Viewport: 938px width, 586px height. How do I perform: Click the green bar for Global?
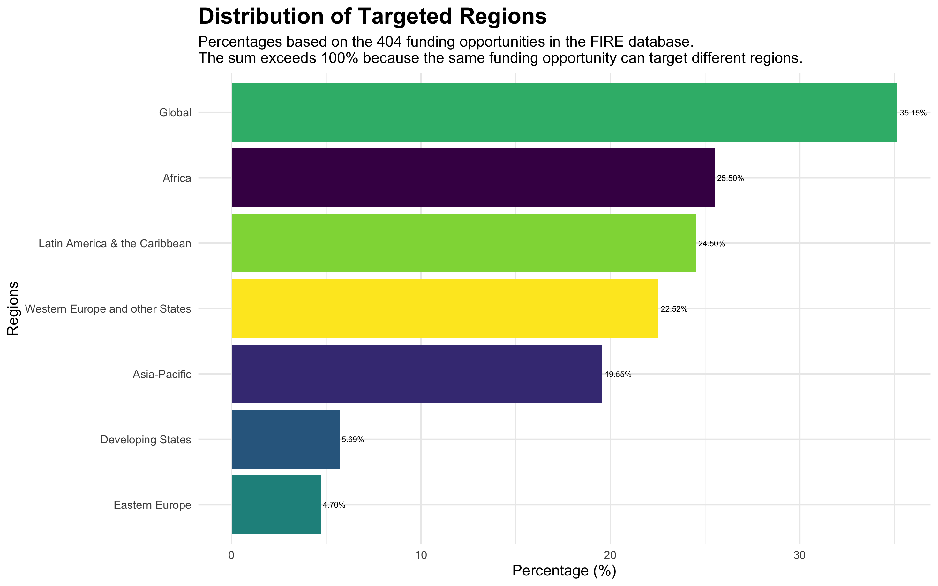tap(564, 112)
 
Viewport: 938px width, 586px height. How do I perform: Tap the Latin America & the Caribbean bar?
tap(463, 243)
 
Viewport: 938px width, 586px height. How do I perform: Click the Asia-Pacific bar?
tap(416, 374)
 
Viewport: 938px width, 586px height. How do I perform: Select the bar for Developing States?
tap(285, 439)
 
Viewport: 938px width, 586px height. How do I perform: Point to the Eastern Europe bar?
tap(276, 505)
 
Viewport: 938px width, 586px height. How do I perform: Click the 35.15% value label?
tap(913, 113)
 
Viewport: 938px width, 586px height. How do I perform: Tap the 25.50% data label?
tap(730, 179)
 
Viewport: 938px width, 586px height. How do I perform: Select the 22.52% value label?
tap(674, 309)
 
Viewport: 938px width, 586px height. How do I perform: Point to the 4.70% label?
tap(334, 505)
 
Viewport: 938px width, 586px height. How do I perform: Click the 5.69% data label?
tap(352, 440)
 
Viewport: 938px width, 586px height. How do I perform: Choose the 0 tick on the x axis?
tap(231, 556)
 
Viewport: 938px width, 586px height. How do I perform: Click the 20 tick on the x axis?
tap(610, 556)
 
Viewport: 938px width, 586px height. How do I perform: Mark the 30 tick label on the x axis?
tap(799, 556)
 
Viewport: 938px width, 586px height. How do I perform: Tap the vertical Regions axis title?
tap(13, 308)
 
